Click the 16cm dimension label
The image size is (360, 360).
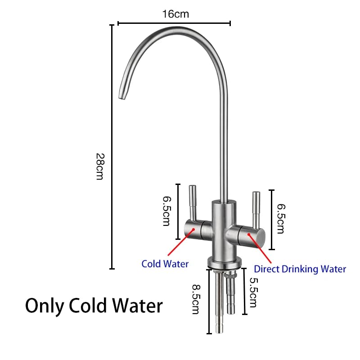(175, 14)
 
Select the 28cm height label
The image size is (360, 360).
(100, 166)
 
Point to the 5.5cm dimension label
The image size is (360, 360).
(252, 292)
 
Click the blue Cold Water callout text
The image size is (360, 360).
(165, 264)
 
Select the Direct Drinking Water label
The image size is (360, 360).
(300, 269)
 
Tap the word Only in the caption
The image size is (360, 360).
(45, 306)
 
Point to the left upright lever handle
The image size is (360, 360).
(191, 202)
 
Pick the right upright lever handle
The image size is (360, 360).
(256, 209)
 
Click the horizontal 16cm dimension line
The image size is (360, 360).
(174, 23)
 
